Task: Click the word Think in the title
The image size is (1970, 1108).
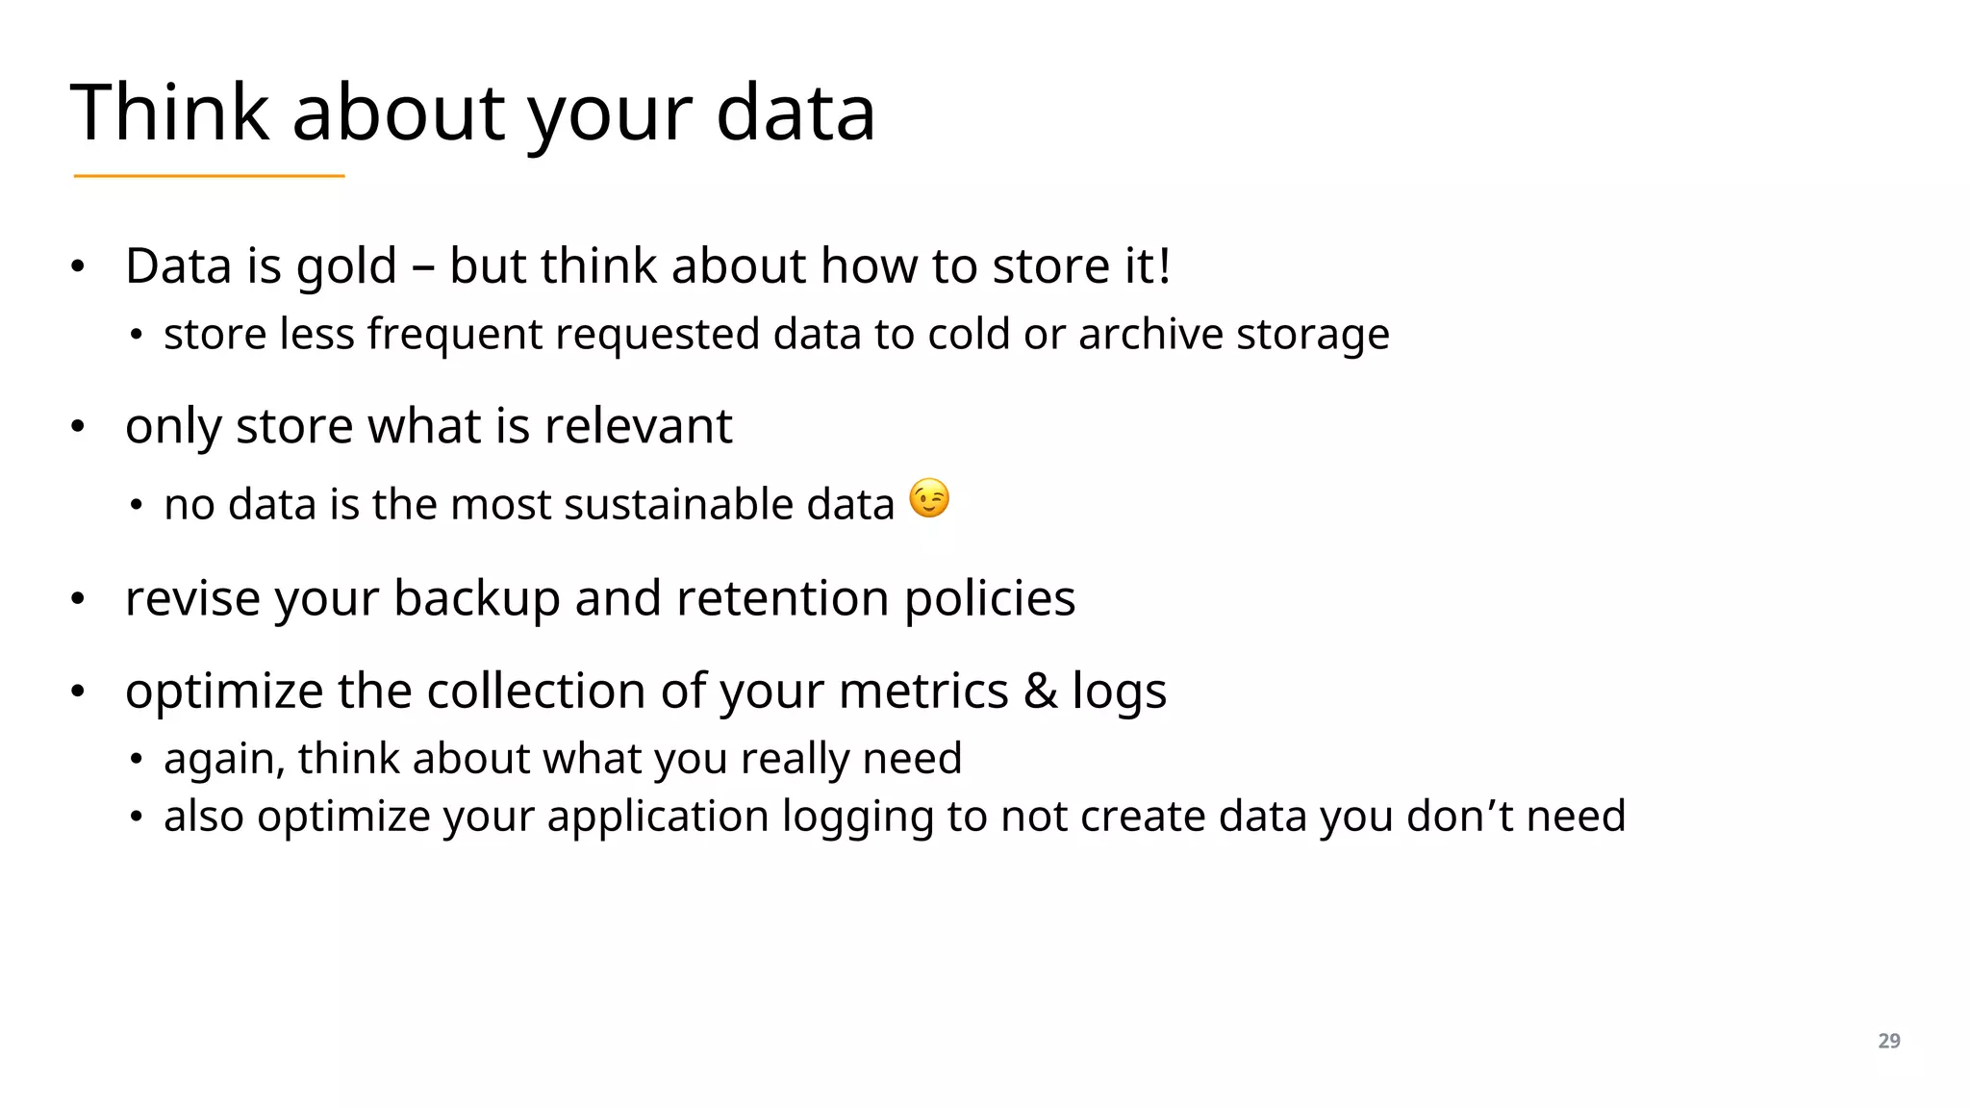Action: (x=169, y=113)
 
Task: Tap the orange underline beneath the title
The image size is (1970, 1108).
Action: (x=209, y=176)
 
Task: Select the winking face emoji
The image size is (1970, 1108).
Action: (x=929, y=498)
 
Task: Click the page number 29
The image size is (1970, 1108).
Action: (x=1888, y=1041)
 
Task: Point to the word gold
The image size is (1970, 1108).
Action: (x=346, y=267)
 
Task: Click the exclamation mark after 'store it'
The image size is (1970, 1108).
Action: (x=1164, y=265)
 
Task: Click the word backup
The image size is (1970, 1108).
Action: (x=476, y=600)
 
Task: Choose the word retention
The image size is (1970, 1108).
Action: (x=782, y=598)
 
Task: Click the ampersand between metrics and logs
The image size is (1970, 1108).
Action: (x=1040, y=692)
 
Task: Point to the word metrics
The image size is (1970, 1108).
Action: (x=923, y=692)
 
